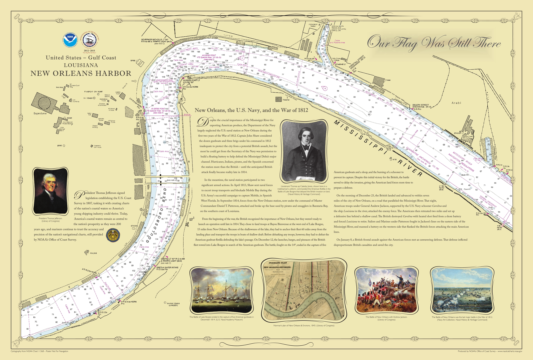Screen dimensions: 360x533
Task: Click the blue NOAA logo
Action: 70,41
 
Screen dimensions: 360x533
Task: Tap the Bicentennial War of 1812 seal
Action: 89,41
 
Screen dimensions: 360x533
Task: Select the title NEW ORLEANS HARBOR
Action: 81,73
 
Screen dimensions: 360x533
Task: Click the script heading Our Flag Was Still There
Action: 434,43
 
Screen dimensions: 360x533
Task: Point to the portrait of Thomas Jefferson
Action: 51,191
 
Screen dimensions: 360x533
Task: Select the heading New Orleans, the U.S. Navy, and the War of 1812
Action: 251,110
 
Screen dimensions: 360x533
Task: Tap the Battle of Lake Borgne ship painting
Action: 222,290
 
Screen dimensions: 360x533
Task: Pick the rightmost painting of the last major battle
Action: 462,290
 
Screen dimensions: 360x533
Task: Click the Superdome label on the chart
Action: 40,114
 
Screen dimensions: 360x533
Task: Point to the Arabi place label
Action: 456,103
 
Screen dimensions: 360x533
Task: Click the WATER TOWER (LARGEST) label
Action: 173,304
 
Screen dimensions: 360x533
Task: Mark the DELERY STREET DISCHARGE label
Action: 421,106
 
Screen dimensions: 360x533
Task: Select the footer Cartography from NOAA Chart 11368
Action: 39,351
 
